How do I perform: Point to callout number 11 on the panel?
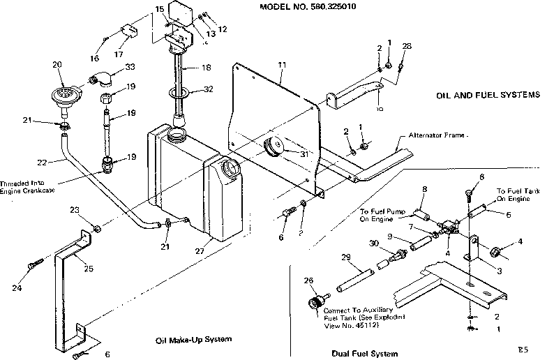pos(282,65)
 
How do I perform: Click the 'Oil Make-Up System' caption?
pos(193,340)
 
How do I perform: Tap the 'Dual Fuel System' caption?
pos(365,352)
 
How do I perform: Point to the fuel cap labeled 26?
pos(316,303)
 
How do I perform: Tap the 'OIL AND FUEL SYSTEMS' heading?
pos(488,95)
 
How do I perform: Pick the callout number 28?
pos(407,46)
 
